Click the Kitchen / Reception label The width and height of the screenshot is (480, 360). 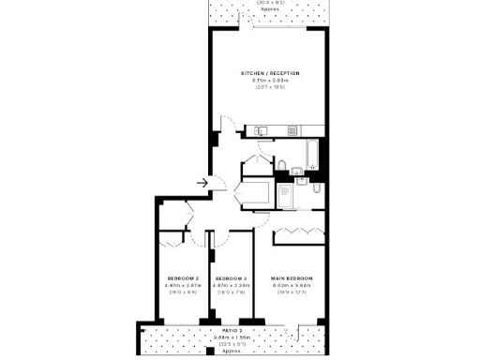click(266, 72)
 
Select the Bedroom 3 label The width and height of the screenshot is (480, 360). click(230, 278)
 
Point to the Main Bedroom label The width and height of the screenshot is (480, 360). click(292, 278)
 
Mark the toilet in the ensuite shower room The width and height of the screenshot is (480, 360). click(317, 190)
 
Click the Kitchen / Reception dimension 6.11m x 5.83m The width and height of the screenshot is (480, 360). click(266, 80)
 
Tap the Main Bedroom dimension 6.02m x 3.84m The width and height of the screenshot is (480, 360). click(292, 286)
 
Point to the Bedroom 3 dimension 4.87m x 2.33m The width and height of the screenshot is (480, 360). click(230, 286)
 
